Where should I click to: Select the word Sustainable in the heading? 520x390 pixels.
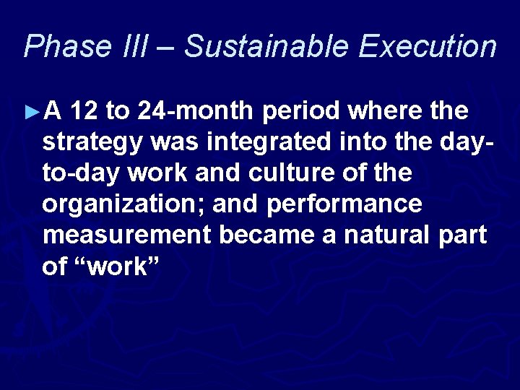point(265,47)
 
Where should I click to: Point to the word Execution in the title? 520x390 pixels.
point(428,47)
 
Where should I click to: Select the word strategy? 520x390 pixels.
point(92,144)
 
